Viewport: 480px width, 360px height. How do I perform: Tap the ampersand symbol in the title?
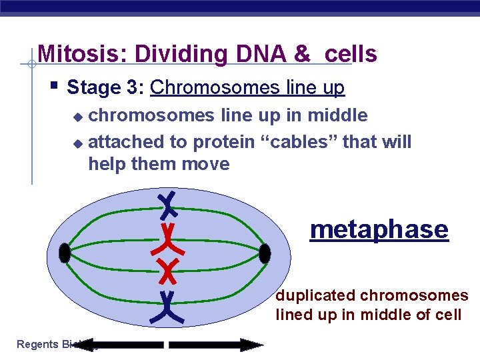pos(303,54)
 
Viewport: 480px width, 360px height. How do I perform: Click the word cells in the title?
pos(351,54)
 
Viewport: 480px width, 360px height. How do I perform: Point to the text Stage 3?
pos(106,87)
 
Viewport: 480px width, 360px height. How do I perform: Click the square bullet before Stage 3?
pos(54,85)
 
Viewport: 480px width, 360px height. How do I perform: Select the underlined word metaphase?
pos(379,229)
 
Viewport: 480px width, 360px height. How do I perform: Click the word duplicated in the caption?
pos(317,295)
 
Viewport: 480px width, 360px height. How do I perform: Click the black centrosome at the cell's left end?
pos(65,253)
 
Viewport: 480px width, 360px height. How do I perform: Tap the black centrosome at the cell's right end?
pos(265,253)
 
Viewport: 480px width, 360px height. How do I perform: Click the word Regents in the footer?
pos(37,345)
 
